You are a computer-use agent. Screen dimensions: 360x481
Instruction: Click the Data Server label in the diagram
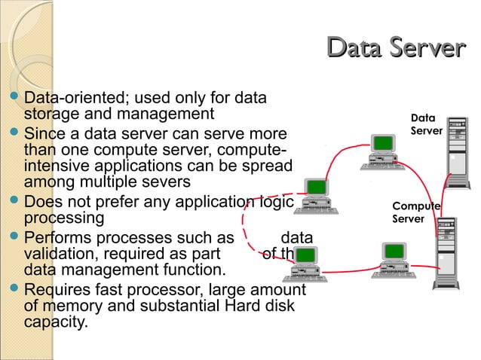(x=425, y=124)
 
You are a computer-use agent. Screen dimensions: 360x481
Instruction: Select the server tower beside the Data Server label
(x=457, y=151)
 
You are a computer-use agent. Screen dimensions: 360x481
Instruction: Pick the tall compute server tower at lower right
(x=446, y=255)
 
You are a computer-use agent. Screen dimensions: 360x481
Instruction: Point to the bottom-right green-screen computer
(x=395, y=261)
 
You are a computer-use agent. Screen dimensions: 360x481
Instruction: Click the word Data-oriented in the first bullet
(x=69, y=98)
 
